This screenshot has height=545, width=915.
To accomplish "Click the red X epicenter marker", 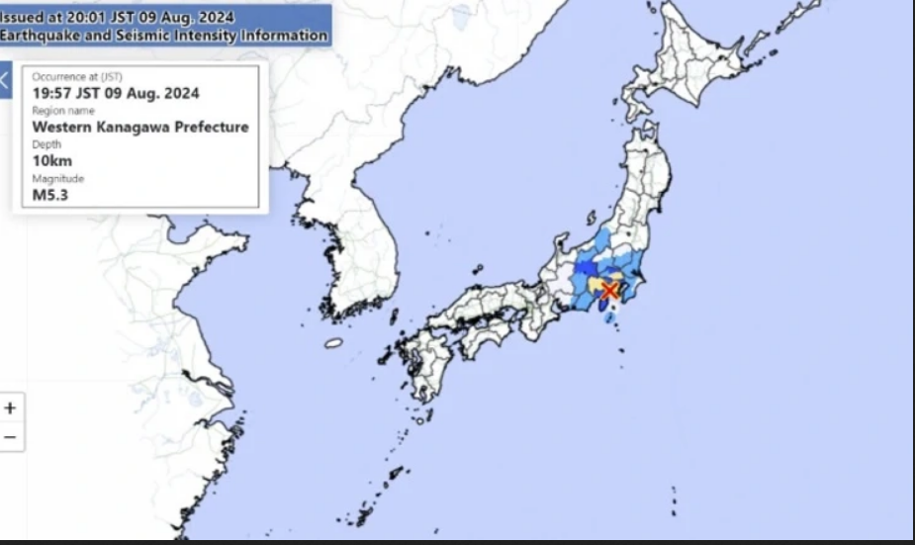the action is [610, 290].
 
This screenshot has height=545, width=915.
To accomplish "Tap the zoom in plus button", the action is [11, 408].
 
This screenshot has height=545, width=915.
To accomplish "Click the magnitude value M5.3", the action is [50, 194].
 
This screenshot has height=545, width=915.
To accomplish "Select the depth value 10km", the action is [52, 160].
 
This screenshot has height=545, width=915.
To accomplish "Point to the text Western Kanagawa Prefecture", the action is [140, 127].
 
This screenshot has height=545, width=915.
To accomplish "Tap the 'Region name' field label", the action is [64, 111].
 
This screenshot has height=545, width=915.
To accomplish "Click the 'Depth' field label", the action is [46, 144].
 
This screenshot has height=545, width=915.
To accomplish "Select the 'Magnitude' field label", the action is [58, 178].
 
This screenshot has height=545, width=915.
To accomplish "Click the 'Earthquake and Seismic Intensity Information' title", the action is [163, 36].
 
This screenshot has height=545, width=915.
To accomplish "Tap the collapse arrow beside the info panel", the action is [5, 80].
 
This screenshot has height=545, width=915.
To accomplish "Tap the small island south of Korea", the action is [333, 343].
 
